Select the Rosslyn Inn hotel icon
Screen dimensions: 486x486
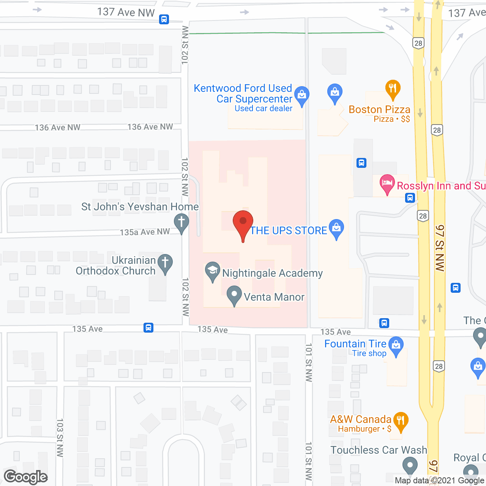click(x=387, y=183)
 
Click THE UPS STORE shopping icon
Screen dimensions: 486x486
click(x=336, y=228)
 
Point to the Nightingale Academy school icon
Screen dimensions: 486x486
click(x=213, y=271)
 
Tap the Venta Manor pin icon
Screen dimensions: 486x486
click(x=234, y=295)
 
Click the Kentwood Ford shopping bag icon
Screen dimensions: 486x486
click(x=302, y=95)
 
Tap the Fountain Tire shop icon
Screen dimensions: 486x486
click(x=396, y=346)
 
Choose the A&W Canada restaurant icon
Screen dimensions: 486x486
click(x=401, y=421)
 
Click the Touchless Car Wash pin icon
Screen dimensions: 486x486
click(x=410, y=465)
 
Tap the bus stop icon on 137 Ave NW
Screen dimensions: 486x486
click(x=164, y=19)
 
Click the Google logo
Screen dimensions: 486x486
click(x=26, y=477)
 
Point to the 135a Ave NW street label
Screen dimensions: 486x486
click(x=145, y=232)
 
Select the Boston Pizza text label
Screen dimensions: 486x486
click(x=379, y=109)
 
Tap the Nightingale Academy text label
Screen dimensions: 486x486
click(x=272, y=273)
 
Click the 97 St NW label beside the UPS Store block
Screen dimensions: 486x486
click(x=440, y=248)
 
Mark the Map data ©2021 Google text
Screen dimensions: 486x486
click(x=440, y=481)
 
